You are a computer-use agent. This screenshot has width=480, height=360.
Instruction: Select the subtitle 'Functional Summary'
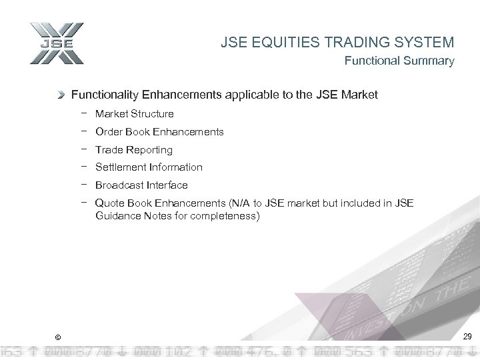click(399, 61)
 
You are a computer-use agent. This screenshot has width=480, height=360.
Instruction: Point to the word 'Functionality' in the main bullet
click(103, 95)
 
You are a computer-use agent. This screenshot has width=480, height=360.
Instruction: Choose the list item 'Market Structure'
click(134, 114)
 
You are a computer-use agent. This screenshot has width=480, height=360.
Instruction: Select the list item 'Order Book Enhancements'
click(159, 132)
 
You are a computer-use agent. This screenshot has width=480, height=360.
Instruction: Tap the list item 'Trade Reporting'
click(133, 150)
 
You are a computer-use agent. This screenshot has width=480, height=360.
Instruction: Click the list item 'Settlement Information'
click(149, 167)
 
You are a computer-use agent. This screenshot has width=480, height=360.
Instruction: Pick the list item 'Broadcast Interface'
click(141, 185)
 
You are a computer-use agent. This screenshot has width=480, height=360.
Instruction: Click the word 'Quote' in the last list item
click(109, 203)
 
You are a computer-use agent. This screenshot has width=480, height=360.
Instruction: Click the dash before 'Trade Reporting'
click(85, 149)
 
